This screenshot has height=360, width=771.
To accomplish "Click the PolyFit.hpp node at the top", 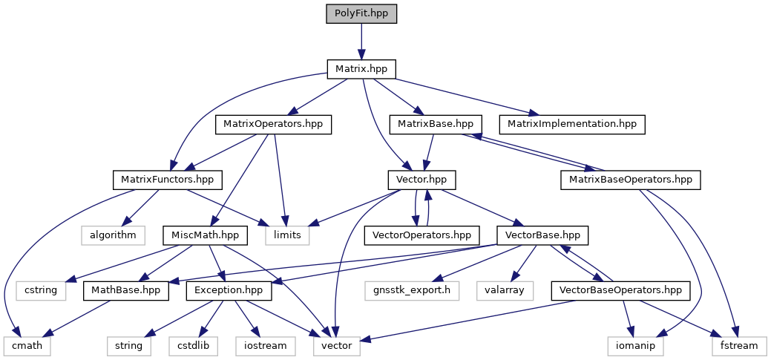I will [361, 14].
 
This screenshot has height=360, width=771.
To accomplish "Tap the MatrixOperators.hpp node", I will [273, 124].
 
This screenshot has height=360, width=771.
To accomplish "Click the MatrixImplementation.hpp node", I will [571, 124].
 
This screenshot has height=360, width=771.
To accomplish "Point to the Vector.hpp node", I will [421, 180].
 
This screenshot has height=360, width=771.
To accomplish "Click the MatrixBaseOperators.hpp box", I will [630, 180].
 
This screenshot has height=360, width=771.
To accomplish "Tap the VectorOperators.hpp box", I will [421, 235].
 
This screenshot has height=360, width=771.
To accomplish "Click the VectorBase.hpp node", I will [542, 235].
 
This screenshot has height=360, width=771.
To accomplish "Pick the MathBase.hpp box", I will [127, 289].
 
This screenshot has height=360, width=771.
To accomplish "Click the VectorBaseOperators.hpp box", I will [620, 289].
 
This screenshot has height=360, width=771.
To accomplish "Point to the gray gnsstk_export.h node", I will [407, 289].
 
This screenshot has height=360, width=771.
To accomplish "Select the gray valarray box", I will [505, 289].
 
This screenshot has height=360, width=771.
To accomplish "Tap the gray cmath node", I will [26, 345].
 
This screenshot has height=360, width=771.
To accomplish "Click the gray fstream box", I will [739, 345].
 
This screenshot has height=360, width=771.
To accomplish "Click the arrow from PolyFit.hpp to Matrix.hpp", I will [361, 42].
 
